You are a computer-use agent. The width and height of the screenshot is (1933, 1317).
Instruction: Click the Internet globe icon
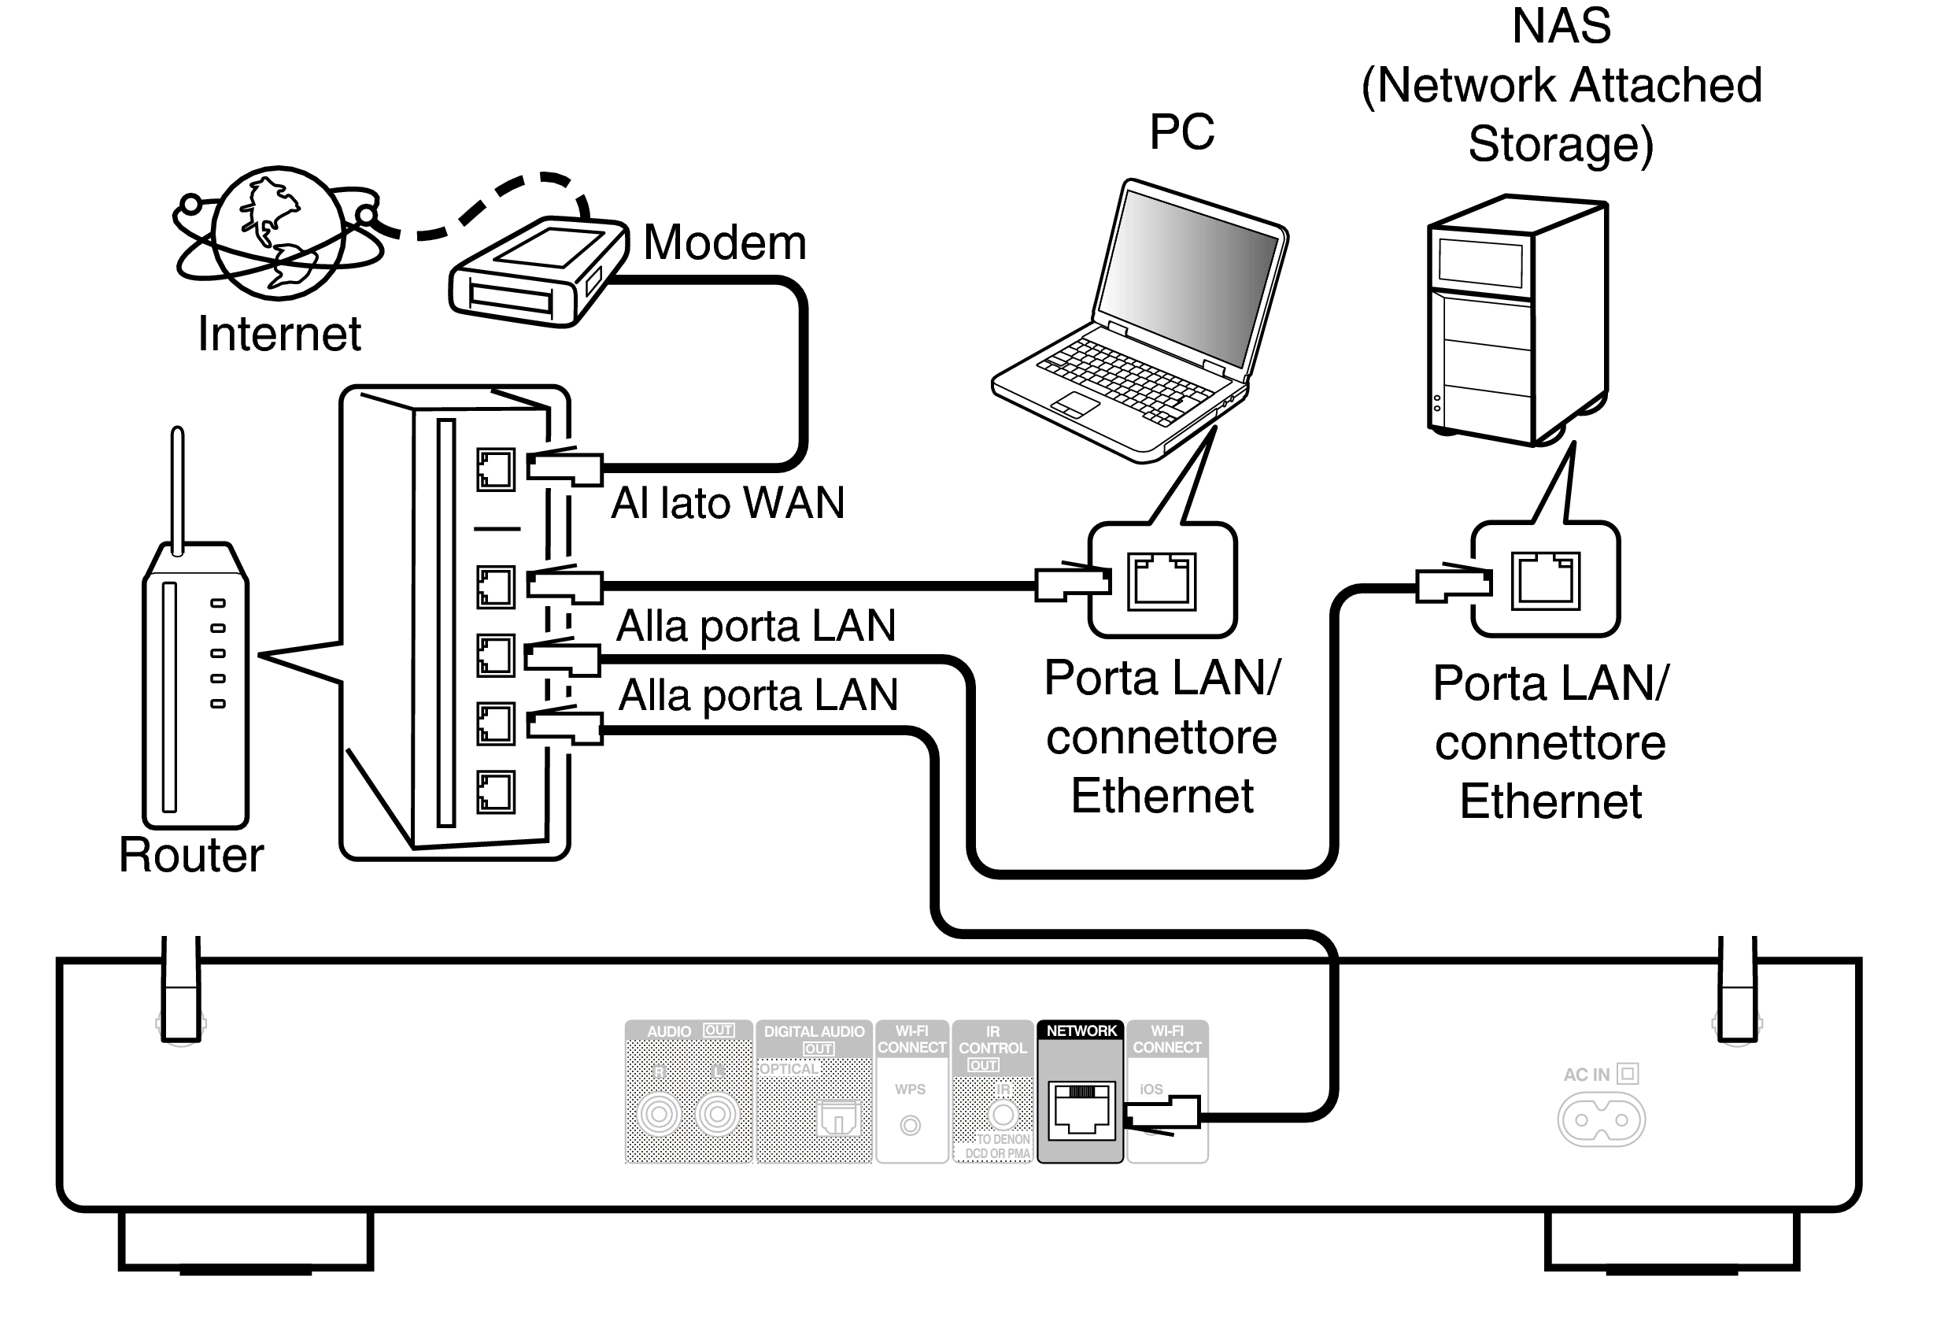(278, 233)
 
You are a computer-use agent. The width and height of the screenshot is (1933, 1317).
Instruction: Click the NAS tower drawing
(1518, 320)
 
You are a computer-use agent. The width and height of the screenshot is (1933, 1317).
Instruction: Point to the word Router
(191, 854)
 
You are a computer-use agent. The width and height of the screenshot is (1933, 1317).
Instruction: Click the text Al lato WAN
(728, 503)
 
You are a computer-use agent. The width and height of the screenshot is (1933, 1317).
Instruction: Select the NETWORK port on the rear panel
(1081, 1110)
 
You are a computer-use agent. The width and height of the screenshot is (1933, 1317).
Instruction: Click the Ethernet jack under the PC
(1161, 582)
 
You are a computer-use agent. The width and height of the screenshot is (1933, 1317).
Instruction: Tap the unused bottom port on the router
(495, 791)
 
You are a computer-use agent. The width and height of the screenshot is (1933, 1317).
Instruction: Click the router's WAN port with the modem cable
(495, 469)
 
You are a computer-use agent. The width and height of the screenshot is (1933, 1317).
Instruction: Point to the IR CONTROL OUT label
(992, 1048)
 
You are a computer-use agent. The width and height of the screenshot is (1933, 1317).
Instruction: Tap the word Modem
(724, 243)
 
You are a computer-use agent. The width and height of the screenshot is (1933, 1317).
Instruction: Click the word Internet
(279, 335)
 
